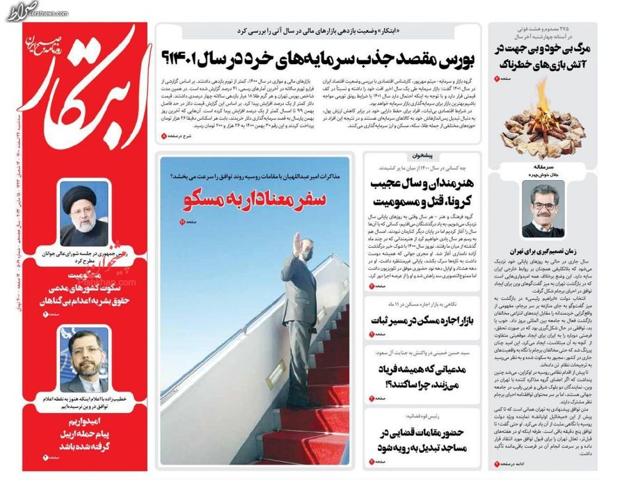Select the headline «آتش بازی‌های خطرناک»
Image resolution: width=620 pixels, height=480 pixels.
click(x=546, y=64)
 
